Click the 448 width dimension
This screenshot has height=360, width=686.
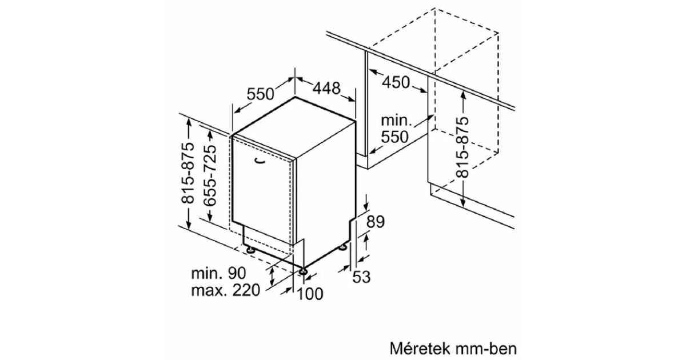326,88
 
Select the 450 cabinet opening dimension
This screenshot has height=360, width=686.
396,82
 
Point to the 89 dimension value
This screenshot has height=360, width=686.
376,222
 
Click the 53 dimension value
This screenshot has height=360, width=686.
361,277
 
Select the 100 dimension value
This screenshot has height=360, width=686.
310,294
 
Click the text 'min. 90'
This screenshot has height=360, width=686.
218,273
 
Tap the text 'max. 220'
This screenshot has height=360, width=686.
226,290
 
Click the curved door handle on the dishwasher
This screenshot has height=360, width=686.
260,161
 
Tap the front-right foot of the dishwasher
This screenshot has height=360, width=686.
303,271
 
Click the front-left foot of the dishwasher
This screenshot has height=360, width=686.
252,250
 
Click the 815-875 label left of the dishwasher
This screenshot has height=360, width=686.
188,173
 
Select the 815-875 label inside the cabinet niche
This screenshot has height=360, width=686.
462,147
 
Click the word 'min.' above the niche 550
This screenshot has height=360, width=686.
396,121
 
